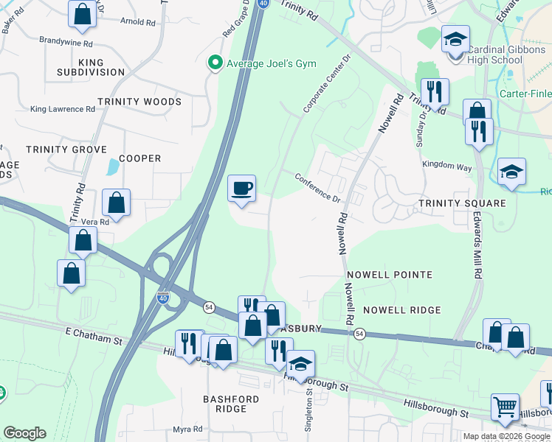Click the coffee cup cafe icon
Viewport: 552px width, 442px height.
pyautogui.click(x=241, y=189)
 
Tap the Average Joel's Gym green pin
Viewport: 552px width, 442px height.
pyautogui.click(x=215, y=63)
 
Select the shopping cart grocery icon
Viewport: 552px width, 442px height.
pyautogui.click(x=506, y=407)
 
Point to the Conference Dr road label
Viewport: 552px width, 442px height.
pyautogui.click(x=318, y=188)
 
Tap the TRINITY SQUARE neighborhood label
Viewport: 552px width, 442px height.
pyautogui.click(x=462, y=203)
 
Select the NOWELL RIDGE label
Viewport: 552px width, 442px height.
pyautogui.click(x=401, y=311)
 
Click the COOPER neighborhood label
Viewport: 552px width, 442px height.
pyautogui.click(x=139, y=158)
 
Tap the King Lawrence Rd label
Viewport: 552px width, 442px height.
pyautogui.click(x=63, y=109)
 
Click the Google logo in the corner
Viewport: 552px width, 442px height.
pyautogui.click(x=24, y=433)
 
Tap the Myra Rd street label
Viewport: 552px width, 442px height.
pyautogui.click(x=187, y=429)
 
